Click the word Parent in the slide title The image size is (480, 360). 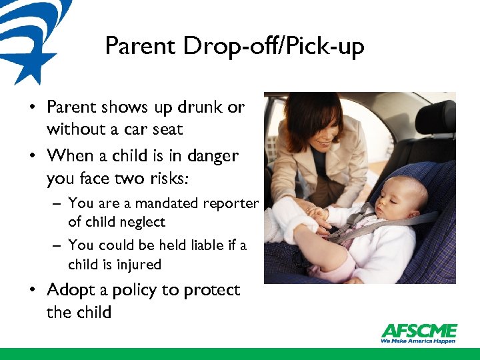(140, 46)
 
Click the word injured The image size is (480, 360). (137, 264)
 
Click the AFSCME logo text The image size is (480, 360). (419, 331)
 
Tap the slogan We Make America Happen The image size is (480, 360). (418, 341)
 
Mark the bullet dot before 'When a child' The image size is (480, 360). (32, 157)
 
